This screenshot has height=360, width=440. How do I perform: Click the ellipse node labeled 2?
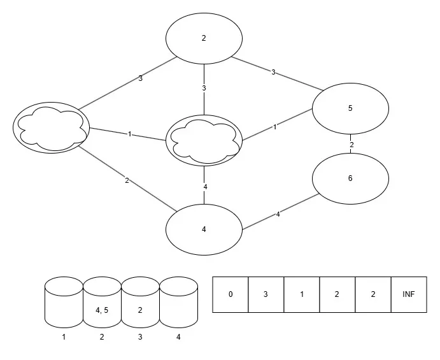[204, 38]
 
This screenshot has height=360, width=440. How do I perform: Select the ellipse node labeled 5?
[350, 108]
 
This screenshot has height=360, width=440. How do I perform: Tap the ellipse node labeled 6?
[350, 178]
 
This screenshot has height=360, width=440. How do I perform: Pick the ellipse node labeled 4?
[204, 229]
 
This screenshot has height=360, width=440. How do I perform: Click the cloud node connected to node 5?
[204, 140]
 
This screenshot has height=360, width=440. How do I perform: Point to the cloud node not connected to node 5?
[51, 127]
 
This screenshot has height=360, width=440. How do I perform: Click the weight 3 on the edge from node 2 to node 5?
[273, 72]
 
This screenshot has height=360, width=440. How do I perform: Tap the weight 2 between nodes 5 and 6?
[351, 145]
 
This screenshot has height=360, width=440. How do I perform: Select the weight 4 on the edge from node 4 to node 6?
[278, 215]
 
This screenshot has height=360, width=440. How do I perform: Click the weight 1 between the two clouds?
[129, 134]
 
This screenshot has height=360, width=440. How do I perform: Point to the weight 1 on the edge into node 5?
[274, 127]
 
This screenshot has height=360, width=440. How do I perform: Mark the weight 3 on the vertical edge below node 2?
[204, 88]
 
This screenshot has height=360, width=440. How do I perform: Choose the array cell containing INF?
[408, 294]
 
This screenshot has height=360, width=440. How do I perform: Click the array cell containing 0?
[231, 294]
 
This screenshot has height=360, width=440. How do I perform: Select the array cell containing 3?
[266, 294]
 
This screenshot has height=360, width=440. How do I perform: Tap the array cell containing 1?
[302, 294]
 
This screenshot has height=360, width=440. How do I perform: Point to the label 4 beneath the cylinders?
[178, 336]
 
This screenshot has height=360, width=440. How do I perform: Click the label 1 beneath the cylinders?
[64, 336]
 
